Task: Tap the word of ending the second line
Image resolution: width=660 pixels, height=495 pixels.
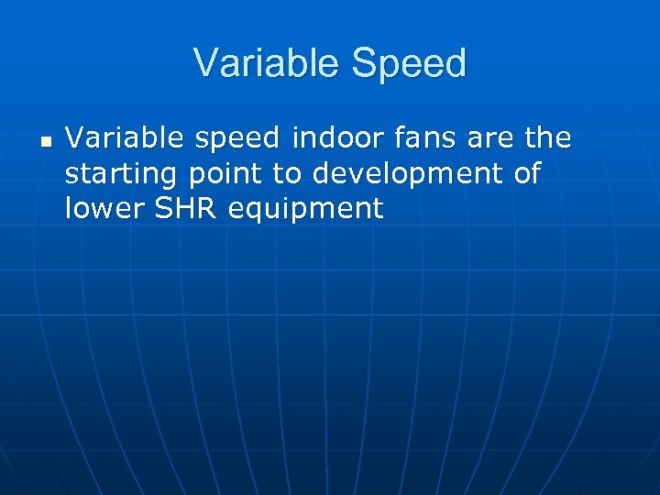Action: point(527,173)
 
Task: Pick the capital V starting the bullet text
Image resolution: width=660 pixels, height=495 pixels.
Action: point(75,138)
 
